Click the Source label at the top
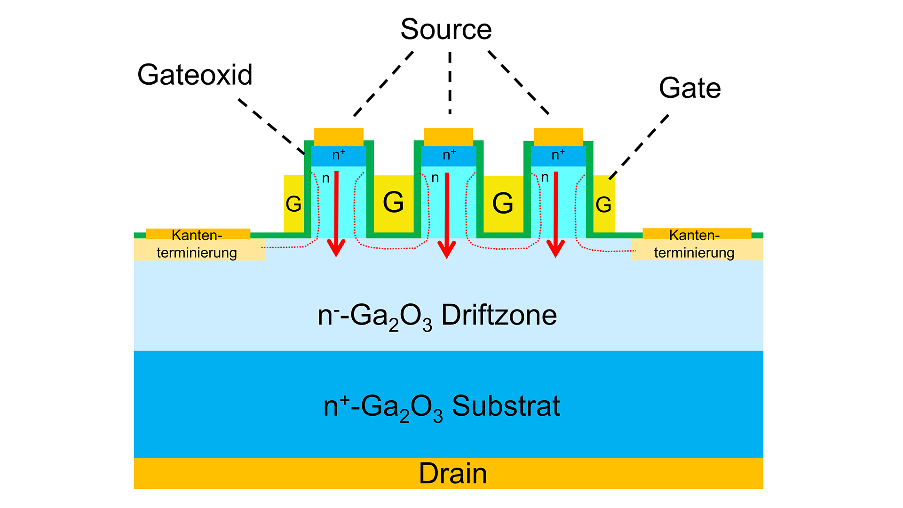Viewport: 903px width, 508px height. tap(446, 30)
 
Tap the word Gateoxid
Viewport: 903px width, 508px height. tap(195, 75)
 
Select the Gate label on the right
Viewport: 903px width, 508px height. tap(689, 88)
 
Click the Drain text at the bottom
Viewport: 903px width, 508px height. tap(452, 474)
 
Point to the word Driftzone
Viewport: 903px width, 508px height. tap(499, 315)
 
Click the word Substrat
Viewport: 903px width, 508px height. tap(506, 406)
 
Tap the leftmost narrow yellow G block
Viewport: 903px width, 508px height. tap(293, 204)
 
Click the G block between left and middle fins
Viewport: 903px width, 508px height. tap(393, 203)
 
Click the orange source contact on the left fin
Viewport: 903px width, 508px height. tap(339, 137)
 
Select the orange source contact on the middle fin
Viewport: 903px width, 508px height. tap(448, 137)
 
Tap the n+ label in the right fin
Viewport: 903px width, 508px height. tap(558, 155)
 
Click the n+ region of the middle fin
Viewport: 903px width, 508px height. tap(449, 156)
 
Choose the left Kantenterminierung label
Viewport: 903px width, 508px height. tap(197, 244)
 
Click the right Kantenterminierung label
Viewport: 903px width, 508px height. tap(694, 244)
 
